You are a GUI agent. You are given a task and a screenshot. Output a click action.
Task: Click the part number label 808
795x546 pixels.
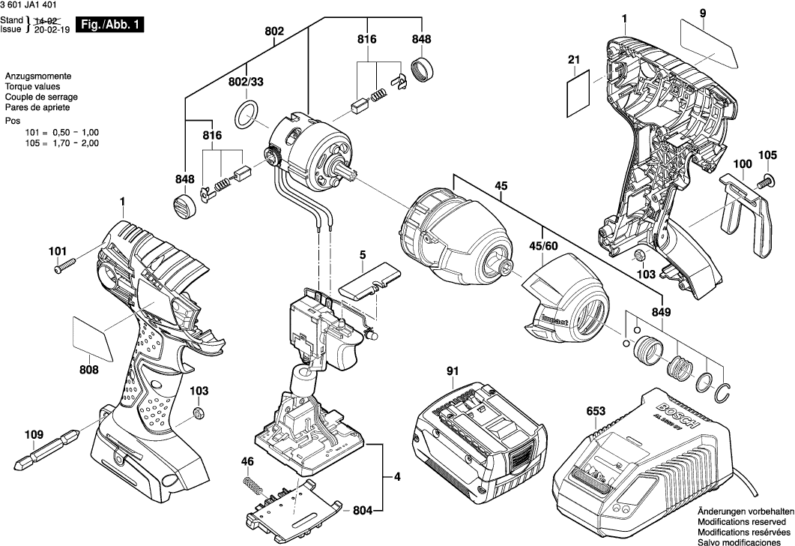[88, 369]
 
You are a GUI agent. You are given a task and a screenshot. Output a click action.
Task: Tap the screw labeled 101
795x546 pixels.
[65, 265]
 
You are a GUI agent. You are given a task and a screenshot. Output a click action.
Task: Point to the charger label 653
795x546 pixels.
[596, 411]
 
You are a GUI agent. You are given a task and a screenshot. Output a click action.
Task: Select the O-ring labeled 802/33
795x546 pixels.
[247, 115]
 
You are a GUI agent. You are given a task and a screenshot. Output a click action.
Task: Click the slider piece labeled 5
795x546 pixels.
[367, 283]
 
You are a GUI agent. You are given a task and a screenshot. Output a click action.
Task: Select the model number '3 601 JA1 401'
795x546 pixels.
[30, 5]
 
